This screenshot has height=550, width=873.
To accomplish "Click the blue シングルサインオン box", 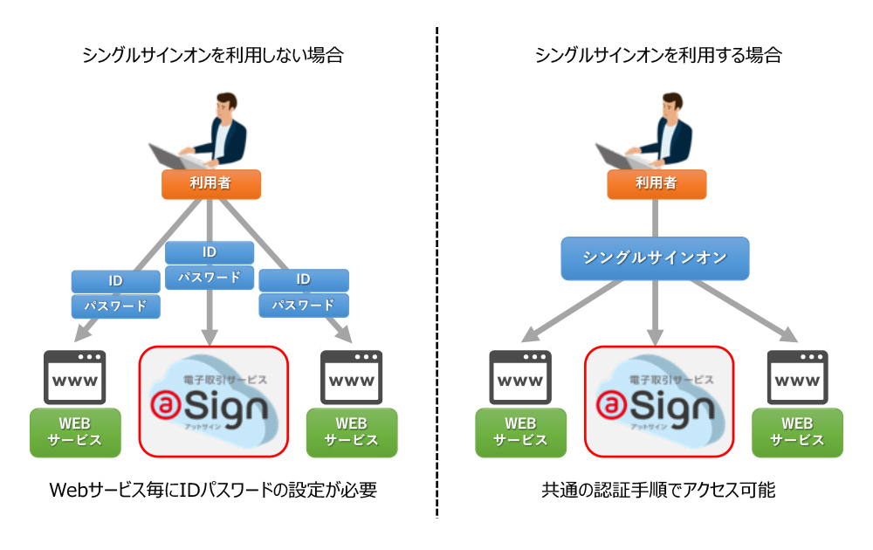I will tap(655, 258).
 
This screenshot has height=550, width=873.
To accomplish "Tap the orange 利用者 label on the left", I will tap(212, 183).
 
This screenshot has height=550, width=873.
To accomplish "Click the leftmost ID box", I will tap(115, 281).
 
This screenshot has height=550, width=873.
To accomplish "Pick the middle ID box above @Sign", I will tap(210, 252).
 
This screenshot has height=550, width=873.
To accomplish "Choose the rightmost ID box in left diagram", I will tap(303, 279).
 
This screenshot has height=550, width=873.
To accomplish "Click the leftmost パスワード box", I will tap(115, 306).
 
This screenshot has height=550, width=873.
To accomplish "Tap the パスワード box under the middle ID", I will tap(210, 278).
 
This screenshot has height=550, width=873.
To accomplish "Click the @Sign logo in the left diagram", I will tap(213, 402).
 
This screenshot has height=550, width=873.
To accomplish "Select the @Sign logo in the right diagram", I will tap(656, 402).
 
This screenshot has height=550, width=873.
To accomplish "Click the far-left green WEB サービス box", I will tap(75, 431).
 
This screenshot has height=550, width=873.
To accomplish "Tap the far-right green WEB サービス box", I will tap(797, 431).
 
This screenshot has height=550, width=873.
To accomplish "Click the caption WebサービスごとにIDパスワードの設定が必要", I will tap(213, 491).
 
